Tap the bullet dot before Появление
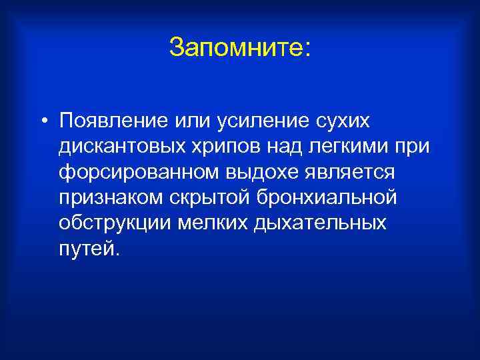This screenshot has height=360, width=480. (42, 122)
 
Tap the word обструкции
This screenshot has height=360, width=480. (113, 223)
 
